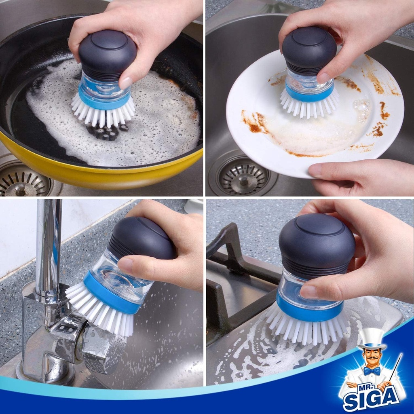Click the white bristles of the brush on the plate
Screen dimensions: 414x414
pos(309,106)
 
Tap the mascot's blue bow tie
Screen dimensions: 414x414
pos(372,370)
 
